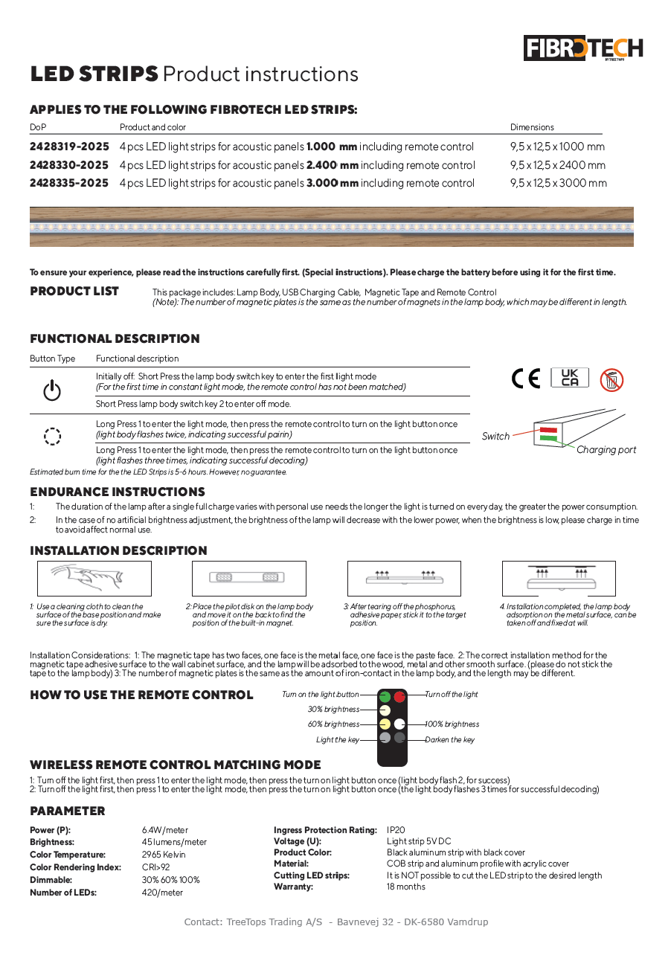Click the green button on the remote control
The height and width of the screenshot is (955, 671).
385,697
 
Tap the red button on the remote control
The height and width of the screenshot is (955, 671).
399,697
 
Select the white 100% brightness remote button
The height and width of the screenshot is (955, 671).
399,724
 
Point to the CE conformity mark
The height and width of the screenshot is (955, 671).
527,379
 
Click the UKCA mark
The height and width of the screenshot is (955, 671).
570,378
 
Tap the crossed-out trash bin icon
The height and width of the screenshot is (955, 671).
611,380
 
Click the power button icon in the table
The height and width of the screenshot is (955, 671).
52,390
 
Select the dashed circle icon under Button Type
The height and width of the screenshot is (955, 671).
52,436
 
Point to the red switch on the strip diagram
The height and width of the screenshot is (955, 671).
549,430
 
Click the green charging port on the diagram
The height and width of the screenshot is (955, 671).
549,439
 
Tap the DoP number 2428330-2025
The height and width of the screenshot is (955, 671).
69,165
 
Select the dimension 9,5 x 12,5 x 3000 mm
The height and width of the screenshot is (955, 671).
558,183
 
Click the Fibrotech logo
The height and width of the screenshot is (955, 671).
582,49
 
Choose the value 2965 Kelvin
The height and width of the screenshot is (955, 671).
164,855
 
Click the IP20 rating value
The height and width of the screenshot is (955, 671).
396,830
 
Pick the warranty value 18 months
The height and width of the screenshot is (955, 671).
406,887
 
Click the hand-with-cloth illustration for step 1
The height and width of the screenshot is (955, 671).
94,578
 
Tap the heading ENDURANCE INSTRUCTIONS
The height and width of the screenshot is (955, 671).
118,492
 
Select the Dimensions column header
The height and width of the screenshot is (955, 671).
532,127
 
